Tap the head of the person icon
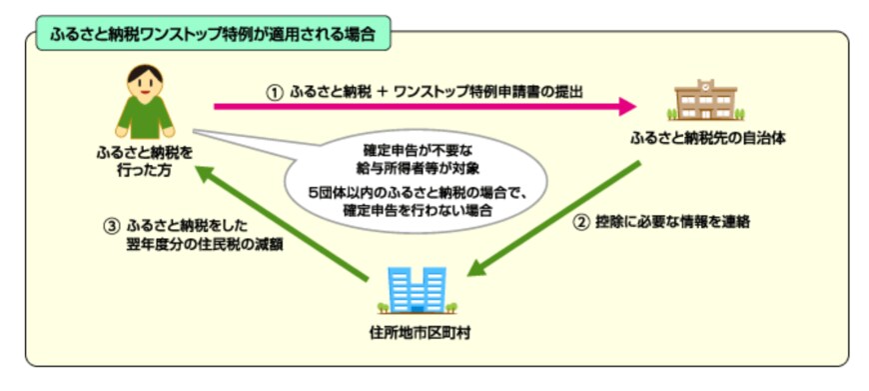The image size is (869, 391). (x=145, y=77)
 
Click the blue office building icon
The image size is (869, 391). (x=413, y=286)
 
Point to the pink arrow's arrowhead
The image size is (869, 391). (x=628, y=104)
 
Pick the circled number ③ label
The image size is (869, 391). (x=111, y=225)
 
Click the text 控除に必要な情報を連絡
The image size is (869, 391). (x=671, y=222)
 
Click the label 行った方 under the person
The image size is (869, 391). (x=145, y=172)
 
